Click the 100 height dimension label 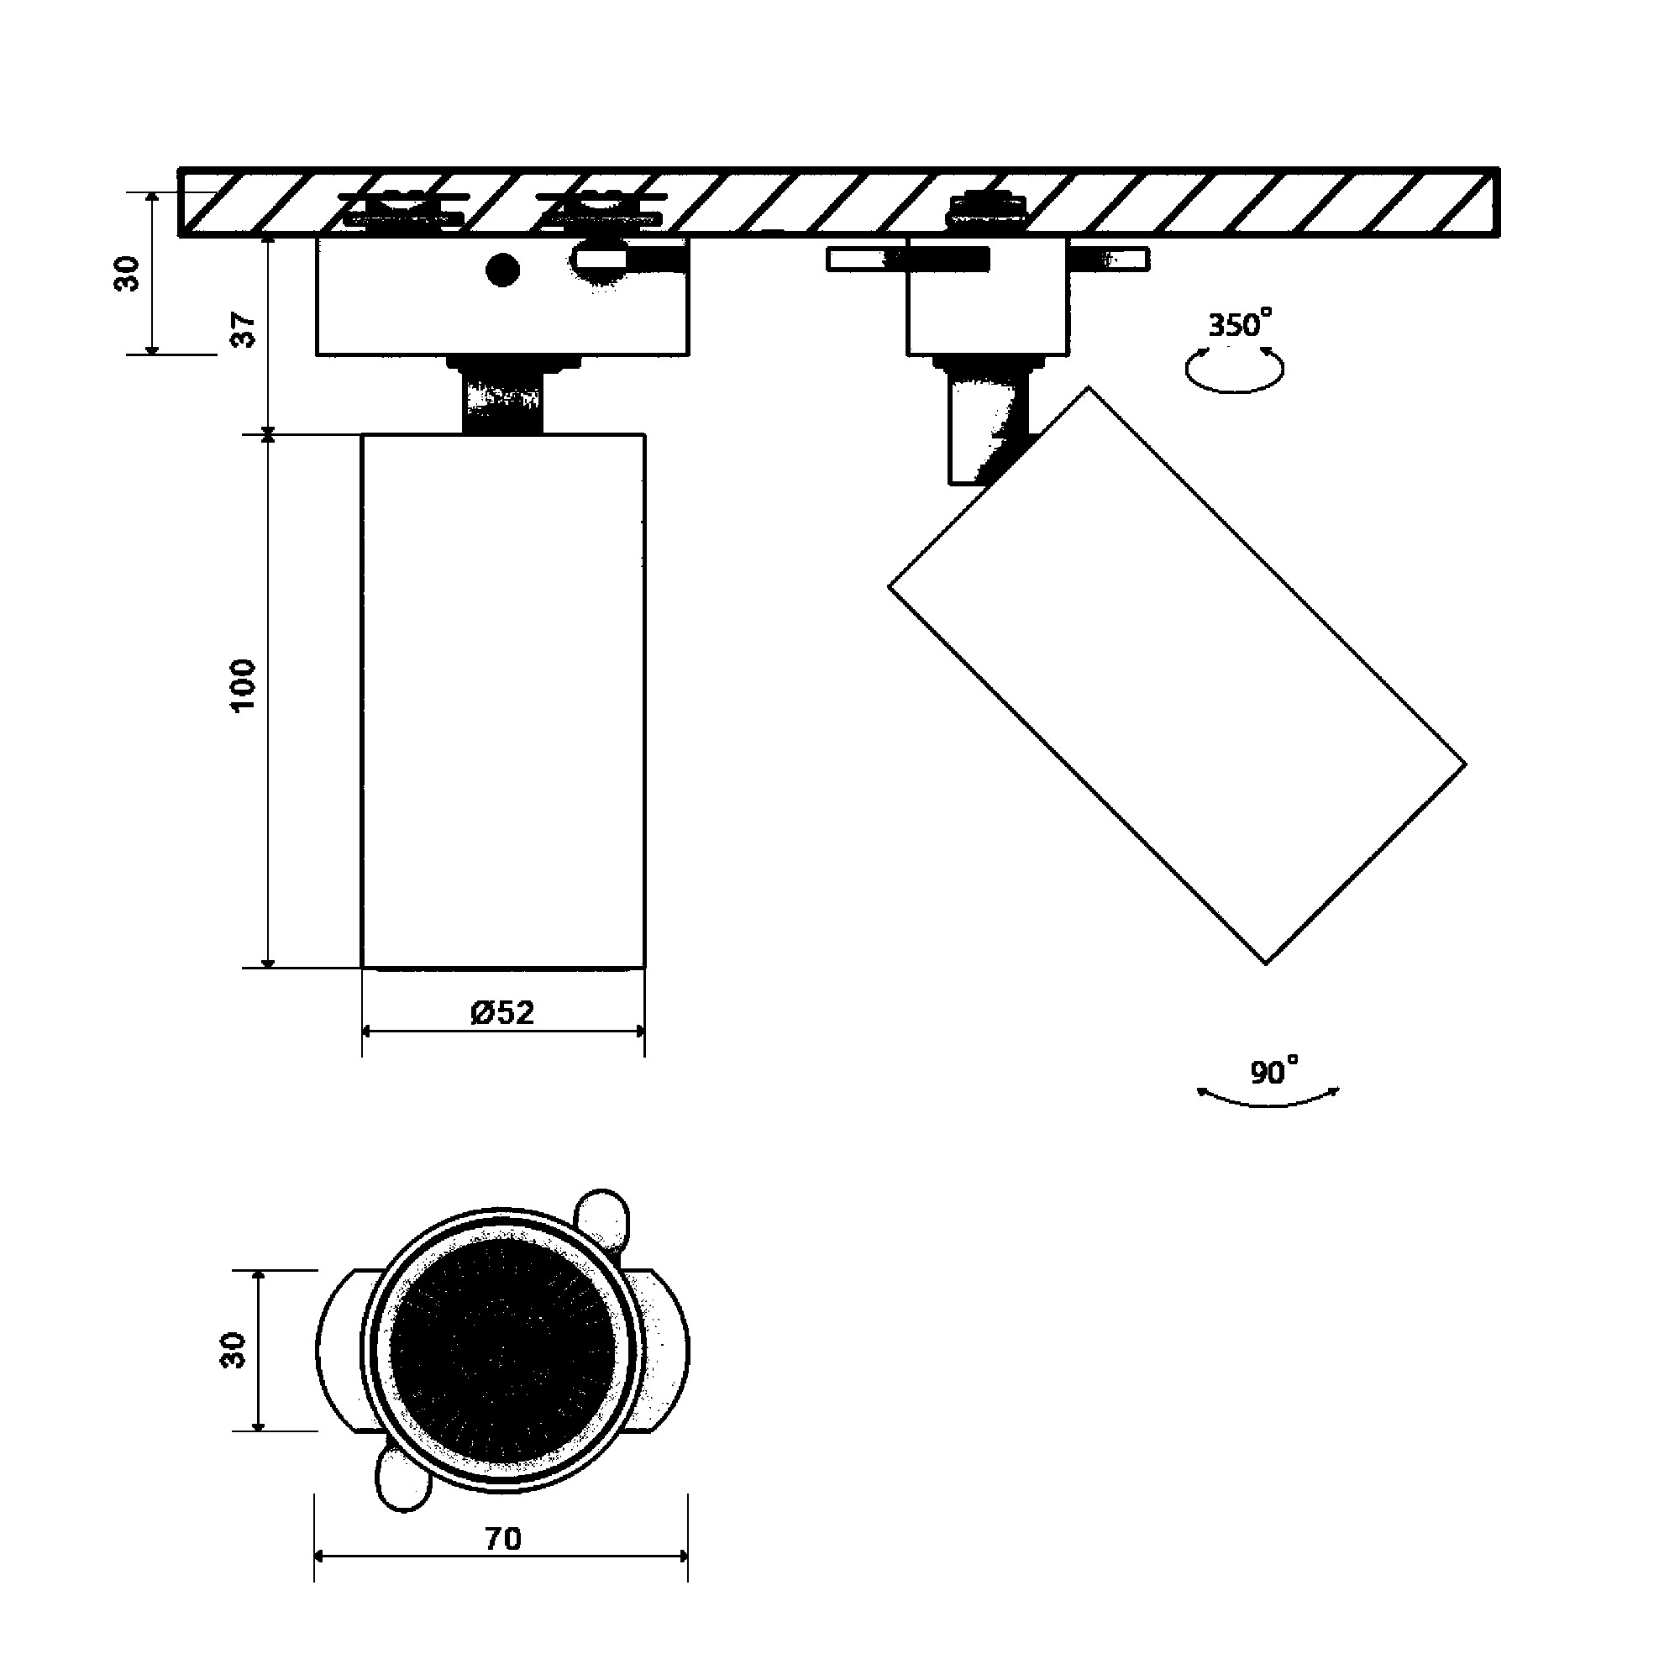pos(244,685)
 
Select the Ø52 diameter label pos(502,1012)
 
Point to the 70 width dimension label pos(502,1538)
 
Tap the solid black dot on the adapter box pos(502,270)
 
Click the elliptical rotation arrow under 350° pos(1235,369)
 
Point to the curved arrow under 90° pos(1268,1097)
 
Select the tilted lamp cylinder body pos(1178,675)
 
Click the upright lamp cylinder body pos(503,701)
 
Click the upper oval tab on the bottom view pos(602,1219)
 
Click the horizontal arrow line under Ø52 pos(503,1032)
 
